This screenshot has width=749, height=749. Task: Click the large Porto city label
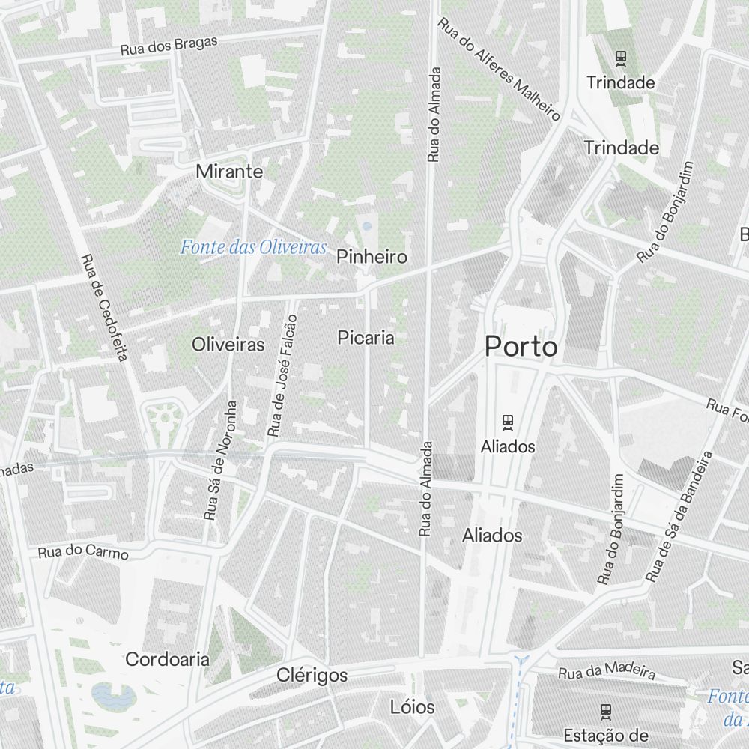coord(521,347)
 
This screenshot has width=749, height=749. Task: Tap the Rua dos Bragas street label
coord(169,46)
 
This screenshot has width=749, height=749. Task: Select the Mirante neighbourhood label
coord(229,172)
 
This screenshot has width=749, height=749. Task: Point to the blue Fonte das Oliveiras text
coord(254,246)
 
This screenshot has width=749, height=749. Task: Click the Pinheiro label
coord(372,257)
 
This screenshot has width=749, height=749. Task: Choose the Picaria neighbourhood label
coord(366,337)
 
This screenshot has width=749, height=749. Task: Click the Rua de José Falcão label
coord(282,376)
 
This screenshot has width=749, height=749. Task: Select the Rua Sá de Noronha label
coord(221,460)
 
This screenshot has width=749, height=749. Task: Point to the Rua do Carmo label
coord(83,553)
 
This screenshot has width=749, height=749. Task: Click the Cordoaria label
coord(167,659)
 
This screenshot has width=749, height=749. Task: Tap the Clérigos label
coord(312,675)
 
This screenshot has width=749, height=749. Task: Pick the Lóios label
coord(412,706)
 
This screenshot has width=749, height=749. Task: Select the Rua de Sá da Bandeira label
coord(679,517)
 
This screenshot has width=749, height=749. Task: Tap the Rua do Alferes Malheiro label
coord(499,70)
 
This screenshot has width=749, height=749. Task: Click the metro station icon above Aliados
coord(509,422)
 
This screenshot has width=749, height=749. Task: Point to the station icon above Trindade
coord(620,56)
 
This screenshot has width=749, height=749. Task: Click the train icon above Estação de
coord(606,710)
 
